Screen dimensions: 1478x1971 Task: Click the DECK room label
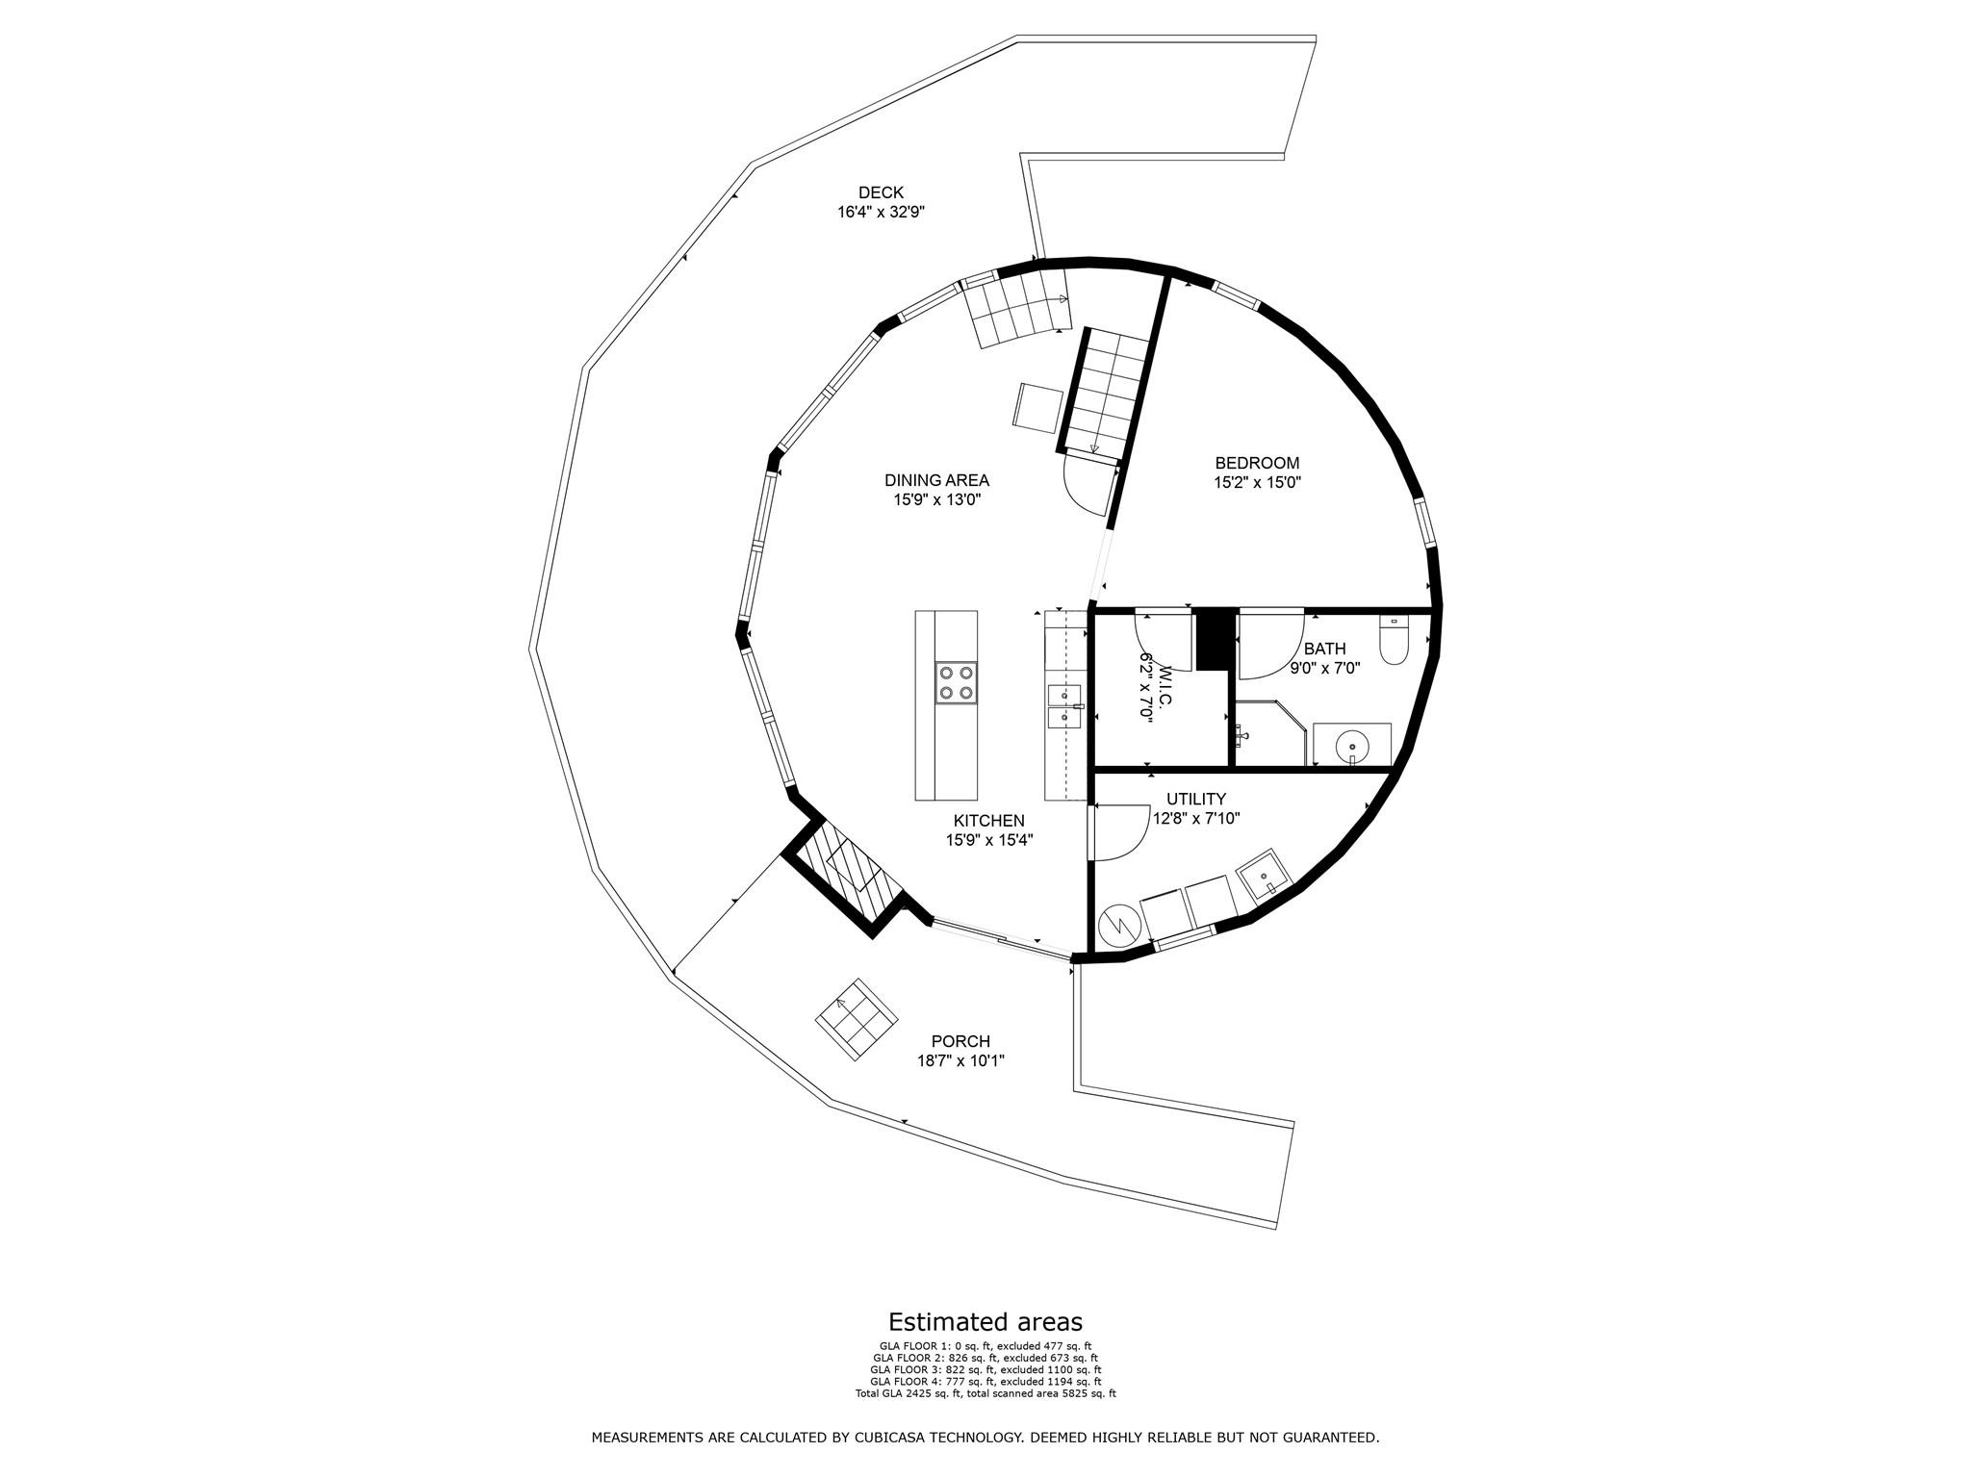click(881, 193)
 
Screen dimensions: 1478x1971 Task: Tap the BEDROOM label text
click(1256, 463)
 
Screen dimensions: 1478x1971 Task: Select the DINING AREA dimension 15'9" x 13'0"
click(935, 500)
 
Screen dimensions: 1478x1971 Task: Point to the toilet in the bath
click(1393, 641)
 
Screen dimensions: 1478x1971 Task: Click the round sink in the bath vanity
click(1352, 745)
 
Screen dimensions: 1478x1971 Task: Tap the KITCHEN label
click(988, 821)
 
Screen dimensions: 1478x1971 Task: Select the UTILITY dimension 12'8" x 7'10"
click(1195, 819)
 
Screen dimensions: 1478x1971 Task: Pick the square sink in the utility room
click(1264, 874)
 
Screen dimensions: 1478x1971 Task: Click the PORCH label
click(960, 1041)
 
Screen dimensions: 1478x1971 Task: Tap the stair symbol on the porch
click(857, 1020)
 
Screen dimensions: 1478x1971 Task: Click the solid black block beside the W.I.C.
click(1215, 639)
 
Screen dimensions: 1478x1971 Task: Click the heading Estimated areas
click(985, 1321)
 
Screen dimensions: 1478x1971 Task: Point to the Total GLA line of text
click(985, 1393)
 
